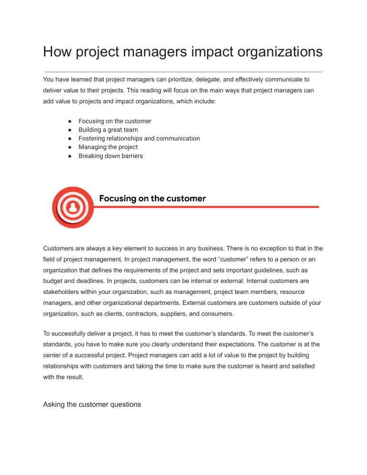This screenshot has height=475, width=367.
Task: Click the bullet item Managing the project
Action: pos(108,147)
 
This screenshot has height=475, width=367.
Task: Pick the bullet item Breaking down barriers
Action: pos(110,156)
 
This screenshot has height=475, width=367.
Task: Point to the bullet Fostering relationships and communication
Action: pos(139,139)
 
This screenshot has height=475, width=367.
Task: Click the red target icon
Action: pos(73,207)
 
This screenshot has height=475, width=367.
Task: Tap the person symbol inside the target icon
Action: pos(73,208)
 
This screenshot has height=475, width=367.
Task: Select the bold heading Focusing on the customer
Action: pos(152,198)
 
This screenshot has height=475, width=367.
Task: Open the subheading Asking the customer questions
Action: pos(92,405)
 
